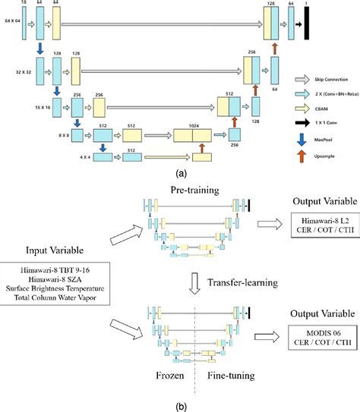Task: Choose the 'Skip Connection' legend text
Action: (327, 78)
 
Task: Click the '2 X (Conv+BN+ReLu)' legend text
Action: (331, 93)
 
